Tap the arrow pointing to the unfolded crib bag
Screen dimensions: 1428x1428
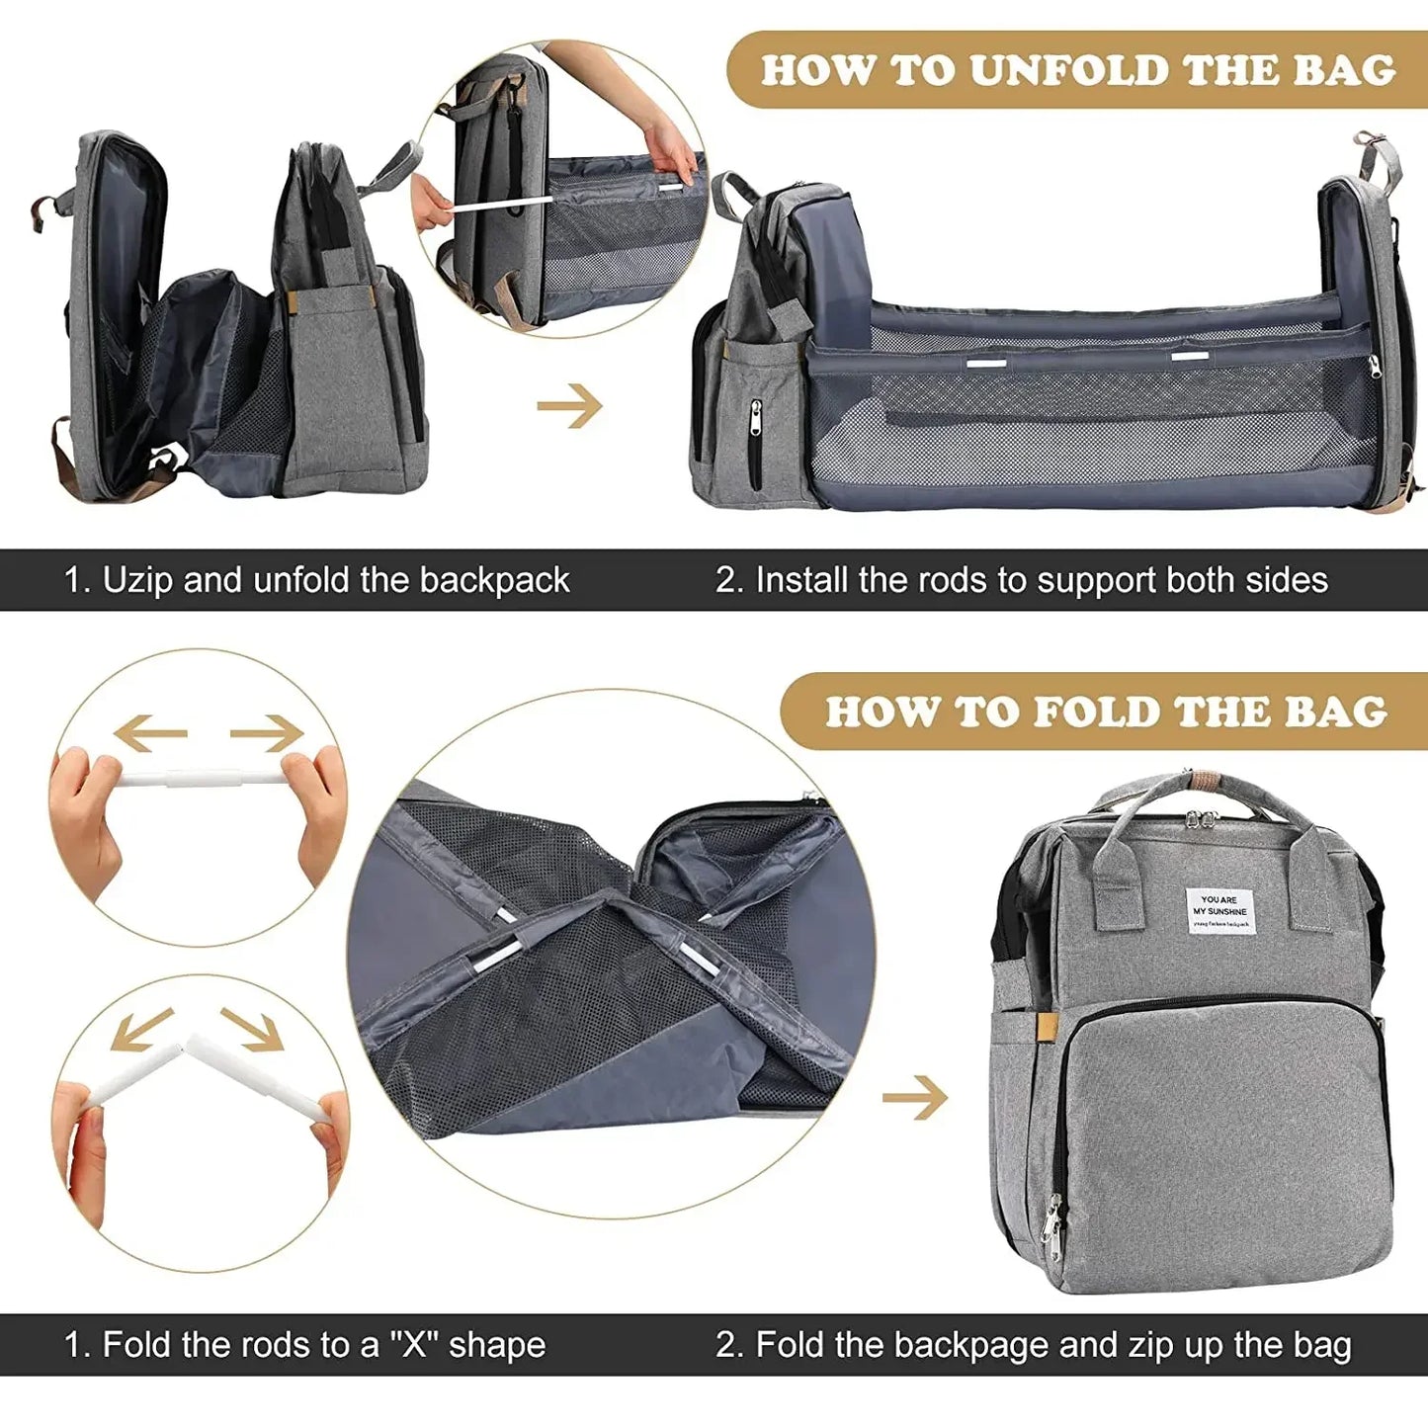[570, 405]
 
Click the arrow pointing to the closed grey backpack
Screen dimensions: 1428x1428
[915, 1097]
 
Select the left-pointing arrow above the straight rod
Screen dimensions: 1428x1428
[149, 733]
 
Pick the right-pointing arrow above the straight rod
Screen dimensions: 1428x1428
[267, 733]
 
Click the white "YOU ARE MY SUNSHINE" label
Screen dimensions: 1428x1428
[1220, 911]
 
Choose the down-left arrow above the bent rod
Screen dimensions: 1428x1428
[141, 1030]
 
